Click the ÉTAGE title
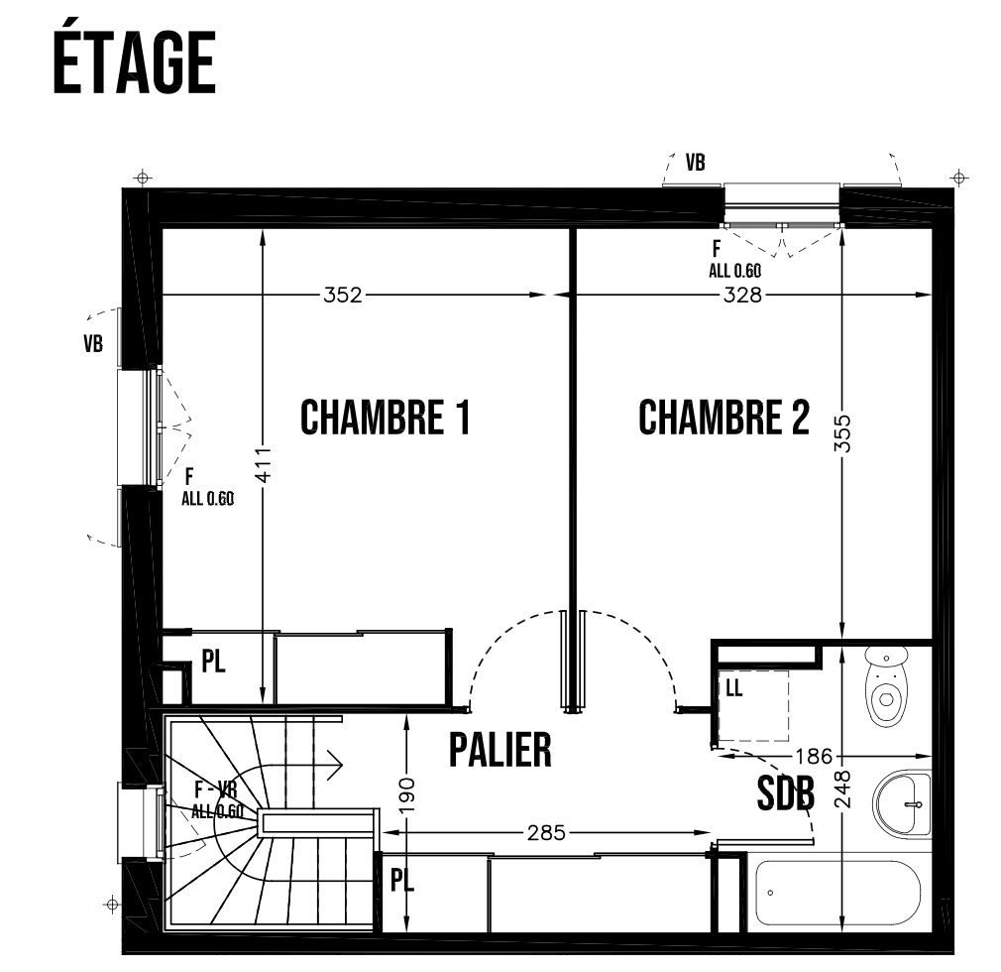[x=134, y=61]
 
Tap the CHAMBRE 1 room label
[x=385, y=418]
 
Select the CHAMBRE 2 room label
[x=723, y=418]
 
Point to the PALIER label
[x=500, y=750]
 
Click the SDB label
[x=786, y=793]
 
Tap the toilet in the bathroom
[x=887, y=685]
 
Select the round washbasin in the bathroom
[x=902, y=804]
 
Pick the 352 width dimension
[x=343, y=295]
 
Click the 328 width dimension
[x=742, y=295]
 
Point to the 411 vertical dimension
[x=263, y=464]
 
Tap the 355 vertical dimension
[x=842, y=433]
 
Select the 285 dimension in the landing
[x=546, y=833]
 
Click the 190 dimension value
[x=406, y=795]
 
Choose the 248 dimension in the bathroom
[x=842, y=790]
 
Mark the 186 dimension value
[x=814, y=757]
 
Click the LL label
[x=734, y=687]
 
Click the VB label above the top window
[x=695, y=163]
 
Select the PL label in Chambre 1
[x=214, y=662]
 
